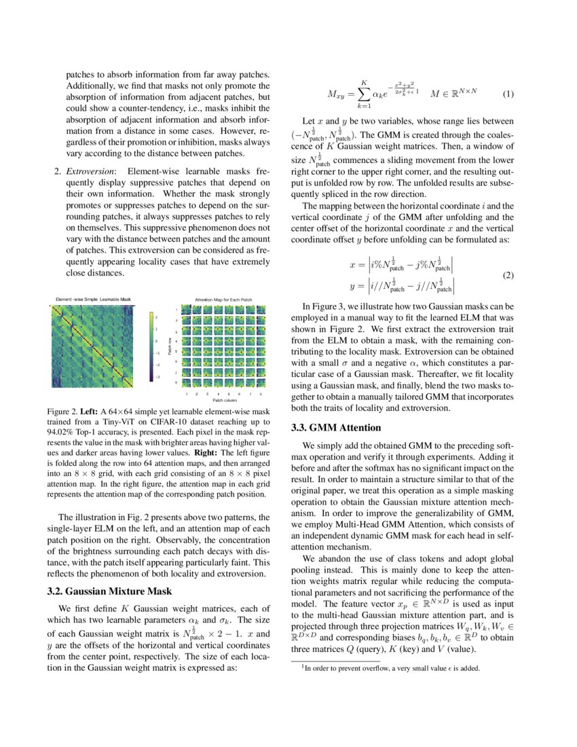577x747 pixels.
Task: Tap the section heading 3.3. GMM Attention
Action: (331, 428)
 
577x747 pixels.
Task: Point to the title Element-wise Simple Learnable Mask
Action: (93, 299)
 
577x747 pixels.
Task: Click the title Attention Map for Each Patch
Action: (223, 299)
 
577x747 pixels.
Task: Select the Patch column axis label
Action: (224, 400)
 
